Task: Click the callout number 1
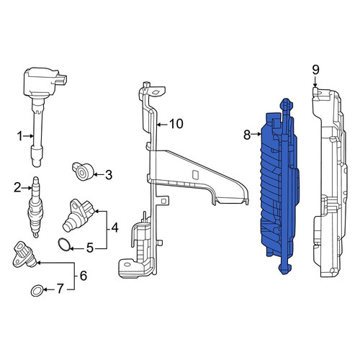point(20,136)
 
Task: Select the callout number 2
point(17,187)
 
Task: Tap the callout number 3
point(109,175)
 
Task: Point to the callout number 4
point(115,228)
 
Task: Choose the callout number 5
point(90,248)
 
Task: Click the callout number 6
point(84,276)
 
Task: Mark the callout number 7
point(59,289)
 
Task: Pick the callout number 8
point(247,135)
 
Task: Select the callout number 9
point(315,70)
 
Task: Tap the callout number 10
point(176,124)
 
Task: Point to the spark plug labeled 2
point(35,207)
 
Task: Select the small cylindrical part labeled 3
point(83,171)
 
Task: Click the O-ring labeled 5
point(64,245)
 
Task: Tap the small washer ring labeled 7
point(37,291)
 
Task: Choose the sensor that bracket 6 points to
point(24,255)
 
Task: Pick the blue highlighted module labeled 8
point(279,186)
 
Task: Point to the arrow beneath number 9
point(315,82)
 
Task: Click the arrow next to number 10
point(163,125)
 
